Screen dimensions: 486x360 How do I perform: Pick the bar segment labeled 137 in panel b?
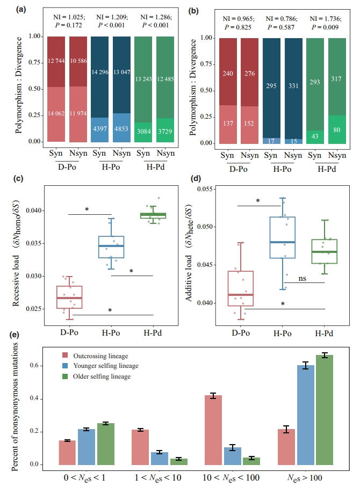tap(228, 124)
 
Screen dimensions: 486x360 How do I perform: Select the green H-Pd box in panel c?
tap(158, 215)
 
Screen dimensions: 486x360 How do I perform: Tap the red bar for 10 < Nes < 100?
tap(213, 430)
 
